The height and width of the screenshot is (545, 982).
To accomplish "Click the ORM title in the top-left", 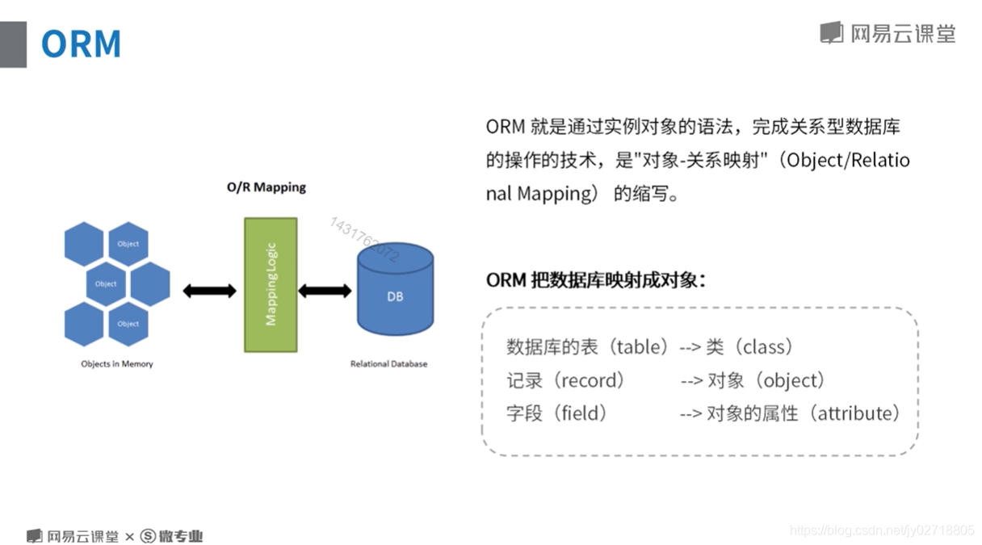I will [81, 44].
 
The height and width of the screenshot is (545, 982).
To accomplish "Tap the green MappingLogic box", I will [271, 284].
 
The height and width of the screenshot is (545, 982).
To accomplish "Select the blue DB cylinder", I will [395, 291].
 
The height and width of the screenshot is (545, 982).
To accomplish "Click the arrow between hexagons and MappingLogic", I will [209, 291].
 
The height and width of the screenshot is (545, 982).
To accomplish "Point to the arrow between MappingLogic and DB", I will [325, 291].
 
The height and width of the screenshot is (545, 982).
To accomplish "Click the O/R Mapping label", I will [266, 187].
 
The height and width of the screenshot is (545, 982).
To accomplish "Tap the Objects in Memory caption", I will [117, 364].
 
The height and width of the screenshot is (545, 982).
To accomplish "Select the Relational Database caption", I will [388, 364].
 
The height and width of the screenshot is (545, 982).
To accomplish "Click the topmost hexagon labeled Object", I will [128, 243].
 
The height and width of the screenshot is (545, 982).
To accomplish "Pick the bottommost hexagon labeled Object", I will [128, 323].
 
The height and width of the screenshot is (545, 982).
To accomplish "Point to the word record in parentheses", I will [593, 380].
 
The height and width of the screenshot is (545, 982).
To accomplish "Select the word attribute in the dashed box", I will [858, 413].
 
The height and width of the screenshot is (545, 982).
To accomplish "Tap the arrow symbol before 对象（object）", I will [691, 380].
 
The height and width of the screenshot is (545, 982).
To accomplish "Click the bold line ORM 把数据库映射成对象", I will [595, 280].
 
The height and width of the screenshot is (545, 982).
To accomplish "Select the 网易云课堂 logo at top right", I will [888, 33].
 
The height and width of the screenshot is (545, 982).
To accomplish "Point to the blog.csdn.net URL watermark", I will [882, 530].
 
